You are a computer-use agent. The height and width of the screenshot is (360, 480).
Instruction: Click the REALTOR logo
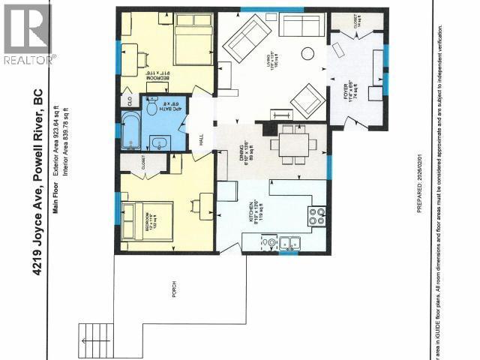pos(28,33)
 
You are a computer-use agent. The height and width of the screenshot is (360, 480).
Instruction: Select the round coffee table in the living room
pos(307,53)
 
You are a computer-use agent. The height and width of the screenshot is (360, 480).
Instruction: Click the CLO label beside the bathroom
pos(129,98)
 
